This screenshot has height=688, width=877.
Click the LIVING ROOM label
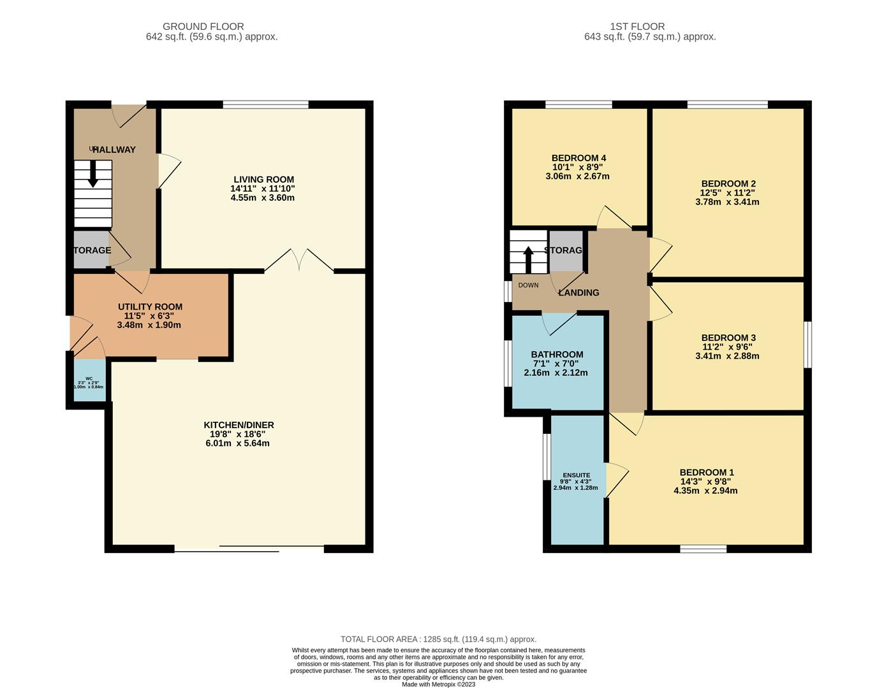click(263, 180)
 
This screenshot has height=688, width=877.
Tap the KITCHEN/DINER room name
click(239, 425)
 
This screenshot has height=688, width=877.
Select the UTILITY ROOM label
click(150, 306)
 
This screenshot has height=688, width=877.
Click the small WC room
click(89, 381)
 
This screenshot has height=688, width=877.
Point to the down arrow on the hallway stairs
click(93, 174)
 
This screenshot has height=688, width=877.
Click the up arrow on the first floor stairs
click(528, 259)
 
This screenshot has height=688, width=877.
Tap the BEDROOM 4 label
click(579, 158)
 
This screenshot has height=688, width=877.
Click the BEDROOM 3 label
click(728, 338)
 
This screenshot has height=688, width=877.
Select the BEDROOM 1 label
click(706, 473)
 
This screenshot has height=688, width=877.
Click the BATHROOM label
click(557, 355)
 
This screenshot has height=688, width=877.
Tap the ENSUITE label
click(575, 475)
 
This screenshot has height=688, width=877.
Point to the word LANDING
click(579, 292)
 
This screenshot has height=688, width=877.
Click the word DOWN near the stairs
click(528, 285)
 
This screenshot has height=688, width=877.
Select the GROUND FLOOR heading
click(203, 27)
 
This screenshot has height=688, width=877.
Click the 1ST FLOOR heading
click(637, 27)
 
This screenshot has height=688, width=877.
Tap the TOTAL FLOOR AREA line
click(438, 639)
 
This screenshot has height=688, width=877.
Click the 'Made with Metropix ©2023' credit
click(438, 684)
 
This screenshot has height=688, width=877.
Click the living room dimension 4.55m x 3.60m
click(263, 198)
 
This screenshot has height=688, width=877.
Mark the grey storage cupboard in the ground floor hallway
click(90, 250)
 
